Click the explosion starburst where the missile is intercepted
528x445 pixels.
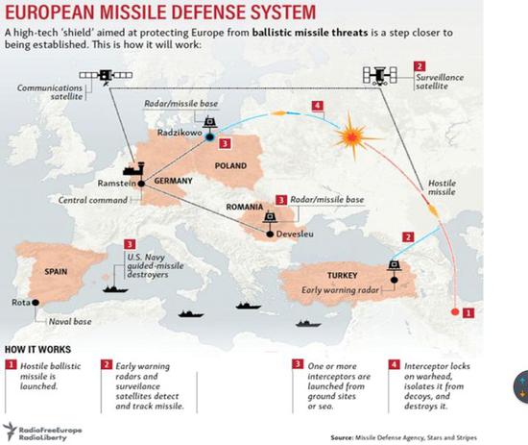(x=352, y=136)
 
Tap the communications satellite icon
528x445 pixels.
(x=106, y=76)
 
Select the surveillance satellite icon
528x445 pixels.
(x=380, y=75)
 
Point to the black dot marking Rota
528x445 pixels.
(x=36, y=303)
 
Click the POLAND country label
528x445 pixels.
(x=230, y=166)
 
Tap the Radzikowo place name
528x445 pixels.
(x=180, y=133)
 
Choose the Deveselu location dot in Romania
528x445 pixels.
(x=270, y=234)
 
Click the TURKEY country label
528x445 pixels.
(x=342, y=276)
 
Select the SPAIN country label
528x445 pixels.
(x=56, y=271)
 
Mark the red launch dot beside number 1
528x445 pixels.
(x=455, y=312)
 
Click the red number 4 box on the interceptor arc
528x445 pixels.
(x=318, y=106)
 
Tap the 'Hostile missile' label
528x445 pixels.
(x=442, y=187)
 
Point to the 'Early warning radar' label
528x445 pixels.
(x=340, y=290)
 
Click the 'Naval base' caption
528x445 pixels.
(x=70, y=321)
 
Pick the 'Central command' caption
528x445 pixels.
(x=93, y=200)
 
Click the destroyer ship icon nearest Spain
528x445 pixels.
(x=115, y=289)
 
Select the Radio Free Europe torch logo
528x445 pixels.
(x=10, y=432)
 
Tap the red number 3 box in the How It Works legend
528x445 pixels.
(x=298, y=364)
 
